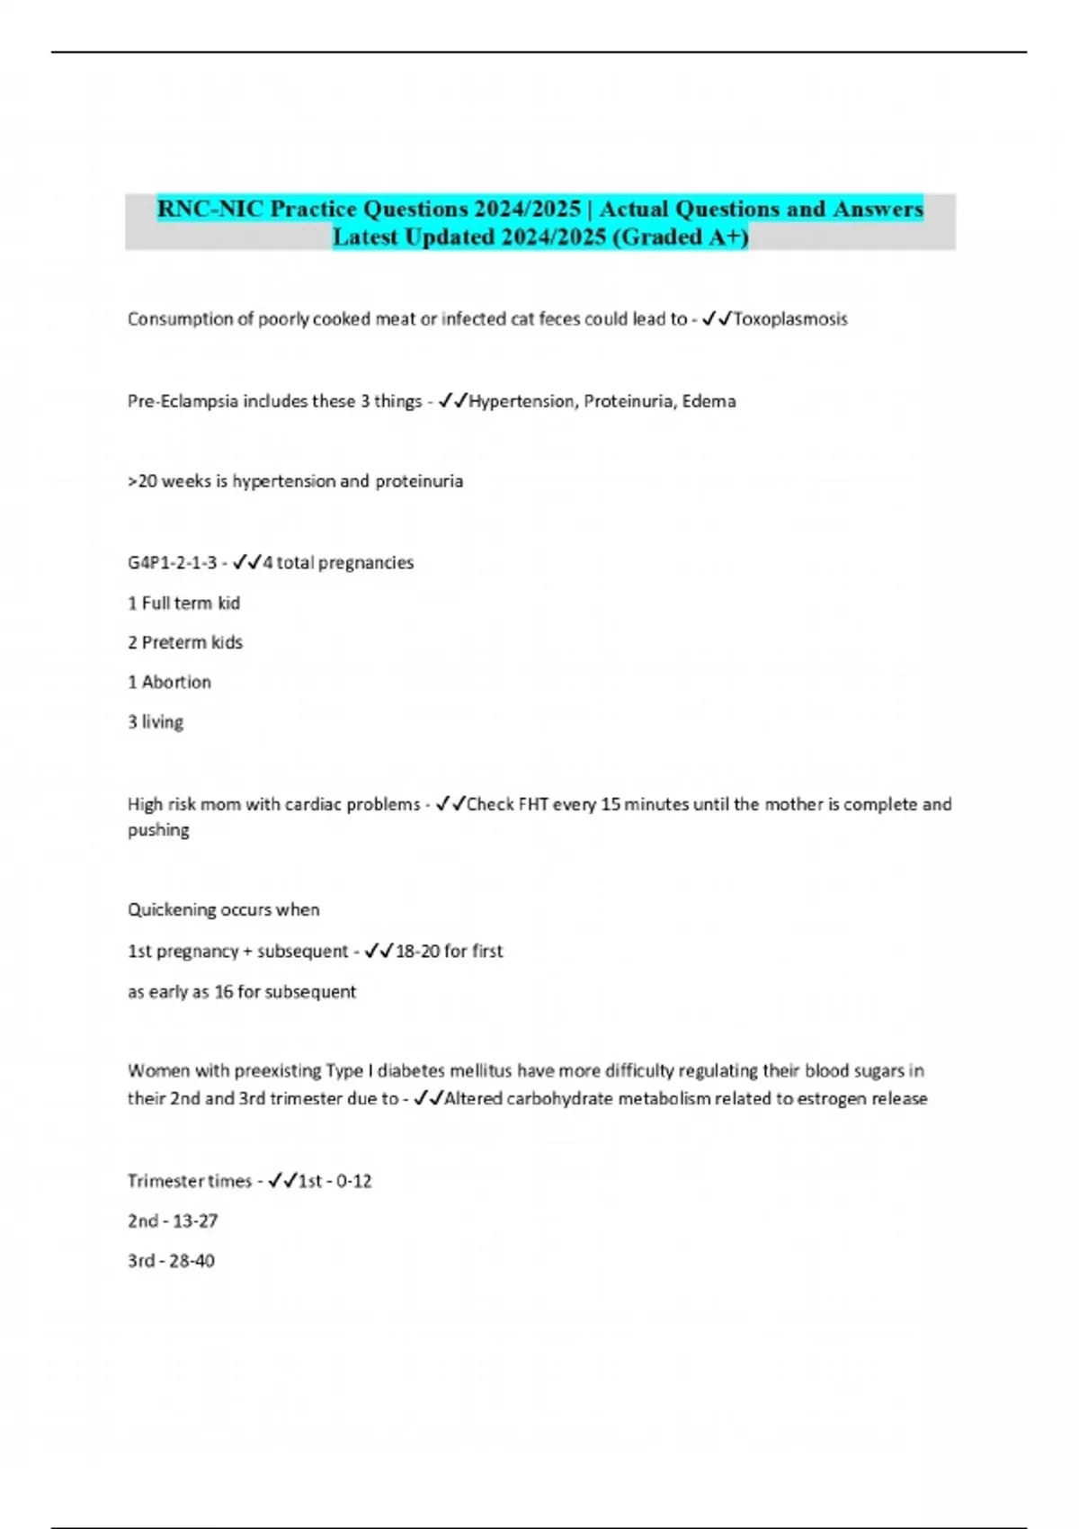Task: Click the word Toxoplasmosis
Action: coord(790,319)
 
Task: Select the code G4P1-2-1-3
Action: coord(172,563)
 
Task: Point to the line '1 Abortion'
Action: coord(169,682)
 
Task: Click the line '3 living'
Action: coord(156,721)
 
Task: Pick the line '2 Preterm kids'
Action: coord(185,642)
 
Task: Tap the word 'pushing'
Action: coord(158,829)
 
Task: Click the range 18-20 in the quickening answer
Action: coord(418,951)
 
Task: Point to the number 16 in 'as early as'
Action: coord(224,991)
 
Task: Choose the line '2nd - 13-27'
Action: coord(173,1221)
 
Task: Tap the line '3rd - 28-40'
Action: coord(171,1260)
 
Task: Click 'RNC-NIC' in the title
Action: coord(211,209)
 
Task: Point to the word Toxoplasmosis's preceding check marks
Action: coord(717,319)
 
